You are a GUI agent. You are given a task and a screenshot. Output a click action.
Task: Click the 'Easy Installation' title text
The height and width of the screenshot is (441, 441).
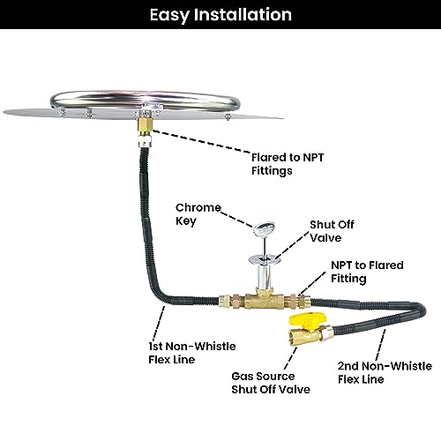(220, 15)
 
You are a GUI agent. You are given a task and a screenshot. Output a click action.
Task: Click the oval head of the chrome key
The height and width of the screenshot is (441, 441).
(264, 228)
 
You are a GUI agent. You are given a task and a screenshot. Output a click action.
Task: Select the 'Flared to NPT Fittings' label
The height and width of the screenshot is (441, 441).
(288, 164)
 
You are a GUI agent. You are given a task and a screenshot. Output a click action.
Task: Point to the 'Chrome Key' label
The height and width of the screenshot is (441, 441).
(198, 214)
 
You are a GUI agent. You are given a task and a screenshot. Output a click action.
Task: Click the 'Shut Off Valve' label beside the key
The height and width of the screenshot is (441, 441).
(332, 231)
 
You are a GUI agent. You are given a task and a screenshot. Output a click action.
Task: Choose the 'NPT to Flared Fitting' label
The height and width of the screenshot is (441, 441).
(367, 272)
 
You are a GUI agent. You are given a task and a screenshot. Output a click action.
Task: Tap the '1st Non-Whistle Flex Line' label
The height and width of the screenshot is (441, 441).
(192, 353)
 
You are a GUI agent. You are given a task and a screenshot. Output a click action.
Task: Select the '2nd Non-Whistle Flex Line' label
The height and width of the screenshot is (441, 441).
(385, 372)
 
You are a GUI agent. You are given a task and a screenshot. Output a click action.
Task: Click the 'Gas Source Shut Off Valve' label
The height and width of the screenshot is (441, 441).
(271, 383)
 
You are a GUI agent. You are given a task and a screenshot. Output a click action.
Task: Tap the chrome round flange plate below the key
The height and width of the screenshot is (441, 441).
(264, 259)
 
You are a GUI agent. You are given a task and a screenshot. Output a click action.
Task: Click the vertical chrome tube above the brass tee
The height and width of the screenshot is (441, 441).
(264, 276)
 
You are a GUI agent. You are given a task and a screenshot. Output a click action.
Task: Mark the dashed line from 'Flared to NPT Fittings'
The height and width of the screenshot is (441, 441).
(200, 141)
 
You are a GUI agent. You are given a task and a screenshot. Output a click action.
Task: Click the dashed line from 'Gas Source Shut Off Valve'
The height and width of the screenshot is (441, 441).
(290, 358)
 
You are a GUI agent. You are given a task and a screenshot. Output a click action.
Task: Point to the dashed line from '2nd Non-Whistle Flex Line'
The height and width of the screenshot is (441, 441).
(381, 344)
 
